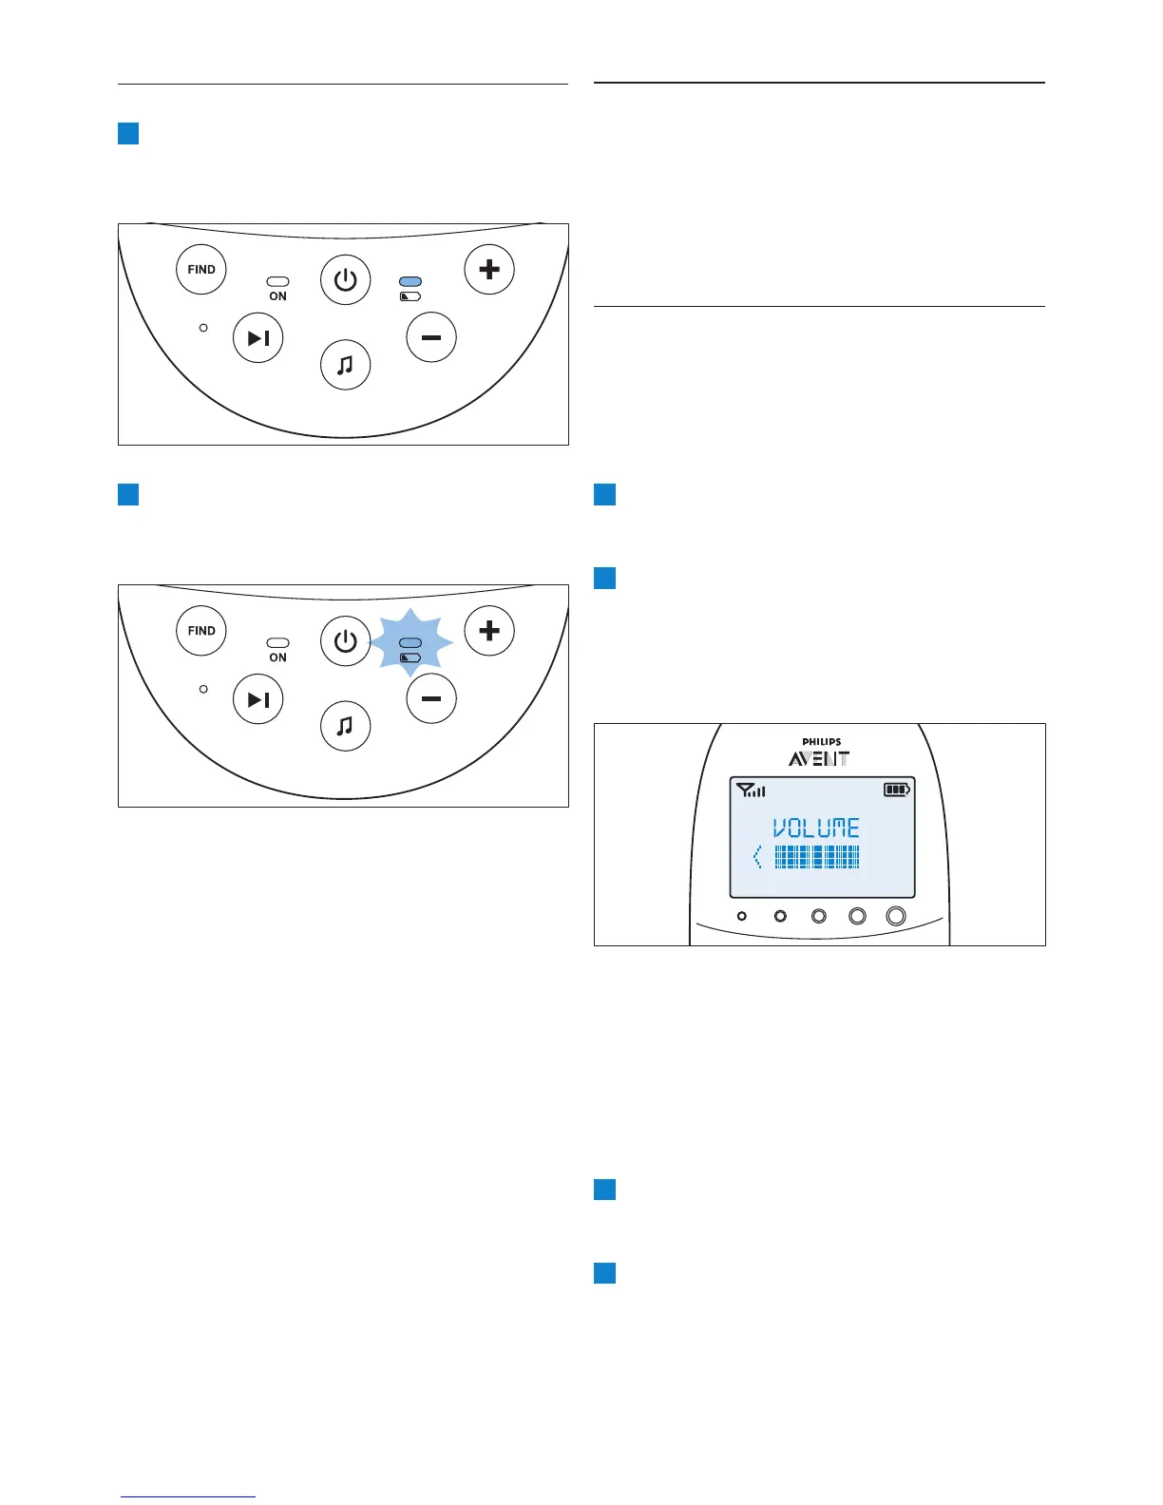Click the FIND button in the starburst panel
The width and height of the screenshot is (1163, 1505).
pyautogui.click(x=201, y=630)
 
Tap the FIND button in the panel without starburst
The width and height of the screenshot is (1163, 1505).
pyautogui.click(x=201, y=269)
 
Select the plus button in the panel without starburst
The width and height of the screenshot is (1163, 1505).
pyautogui.click(x=489, y=269)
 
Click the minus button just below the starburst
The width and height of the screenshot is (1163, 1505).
pyautogui.click(x=431, y=698)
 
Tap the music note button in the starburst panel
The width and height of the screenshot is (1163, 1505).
pyautogui.click(x=345, y=726)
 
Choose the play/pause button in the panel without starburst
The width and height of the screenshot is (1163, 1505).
pyautogui.click(x=258, y=338)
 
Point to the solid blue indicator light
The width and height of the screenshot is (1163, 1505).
pyautogui.click(x=410, y=282)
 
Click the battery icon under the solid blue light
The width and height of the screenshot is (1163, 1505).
pyautogui.click(x=410, y=296)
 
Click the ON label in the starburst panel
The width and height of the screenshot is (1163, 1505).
pyautogui.click(x=277, y=657)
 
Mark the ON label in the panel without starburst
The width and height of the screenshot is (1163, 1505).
pyautogui.click(x=277, y=296)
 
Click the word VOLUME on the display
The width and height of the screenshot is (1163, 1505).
pyautogui.click(x=816, y=829)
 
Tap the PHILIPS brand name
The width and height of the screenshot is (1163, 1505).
pyautogui.click(x=821, y=742)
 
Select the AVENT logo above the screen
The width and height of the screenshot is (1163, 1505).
pyautogui.click(x=819, y=759)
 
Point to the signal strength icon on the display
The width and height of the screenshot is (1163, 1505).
pyautogui.click(x=751, y=790)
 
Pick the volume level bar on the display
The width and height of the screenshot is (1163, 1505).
pyautogui.click(x=817, y=858)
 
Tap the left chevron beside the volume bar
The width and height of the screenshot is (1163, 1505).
pyautogui.click(x=757, y=858)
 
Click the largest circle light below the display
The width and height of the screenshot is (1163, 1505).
pyautogui.click(x=896, y=916)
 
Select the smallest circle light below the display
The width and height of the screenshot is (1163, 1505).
pyautogui.click(x=742, y=916)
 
